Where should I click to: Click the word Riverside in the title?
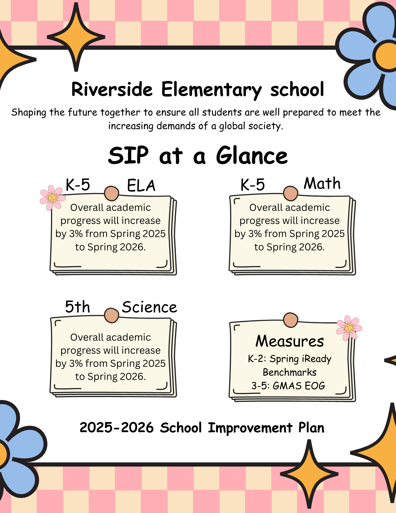tap(112, 89)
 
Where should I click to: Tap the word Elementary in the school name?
tap(211, 90)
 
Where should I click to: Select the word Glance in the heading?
tap(252, 156)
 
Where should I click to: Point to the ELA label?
tap(141, 186)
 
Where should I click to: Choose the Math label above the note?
tap(322, 183)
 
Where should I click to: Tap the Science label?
tap(149, 307)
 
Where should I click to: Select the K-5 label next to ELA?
tap(78, 185)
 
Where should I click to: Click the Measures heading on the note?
tap(290, 341)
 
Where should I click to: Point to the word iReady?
tap(317, 359)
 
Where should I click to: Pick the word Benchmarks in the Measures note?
tap(290, 372)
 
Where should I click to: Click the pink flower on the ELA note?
tap(52, 198)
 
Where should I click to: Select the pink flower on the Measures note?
tap(349, 328)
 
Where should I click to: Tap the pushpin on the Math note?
tap(290, 193)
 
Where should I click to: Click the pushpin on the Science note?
tap(111, 315)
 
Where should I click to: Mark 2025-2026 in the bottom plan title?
tap(117, 428)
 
